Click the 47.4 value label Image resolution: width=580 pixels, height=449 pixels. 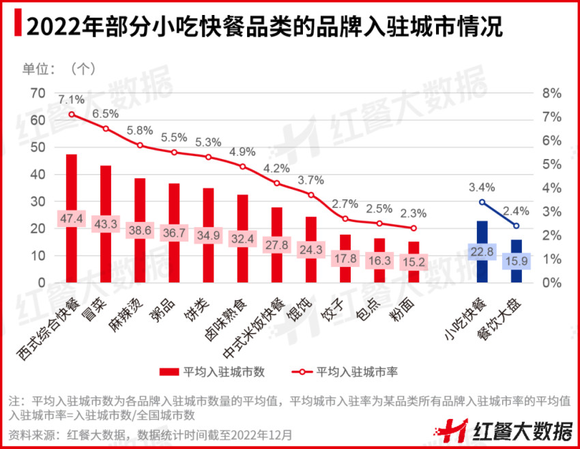[71, 219]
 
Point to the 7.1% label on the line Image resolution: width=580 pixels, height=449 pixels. [71, 99]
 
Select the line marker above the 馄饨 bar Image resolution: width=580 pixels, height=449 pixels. [310, 195]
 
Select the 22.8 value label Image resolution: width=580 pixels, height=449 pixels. [482, 252]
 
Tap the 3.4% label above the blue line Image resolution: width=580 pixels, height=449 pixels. [482, 187]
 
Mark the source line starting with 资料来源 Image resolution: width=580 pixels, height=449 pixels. [150, 433]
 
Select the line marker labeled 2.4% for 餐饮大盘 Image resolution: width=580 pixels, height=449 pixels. [516, 226]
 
